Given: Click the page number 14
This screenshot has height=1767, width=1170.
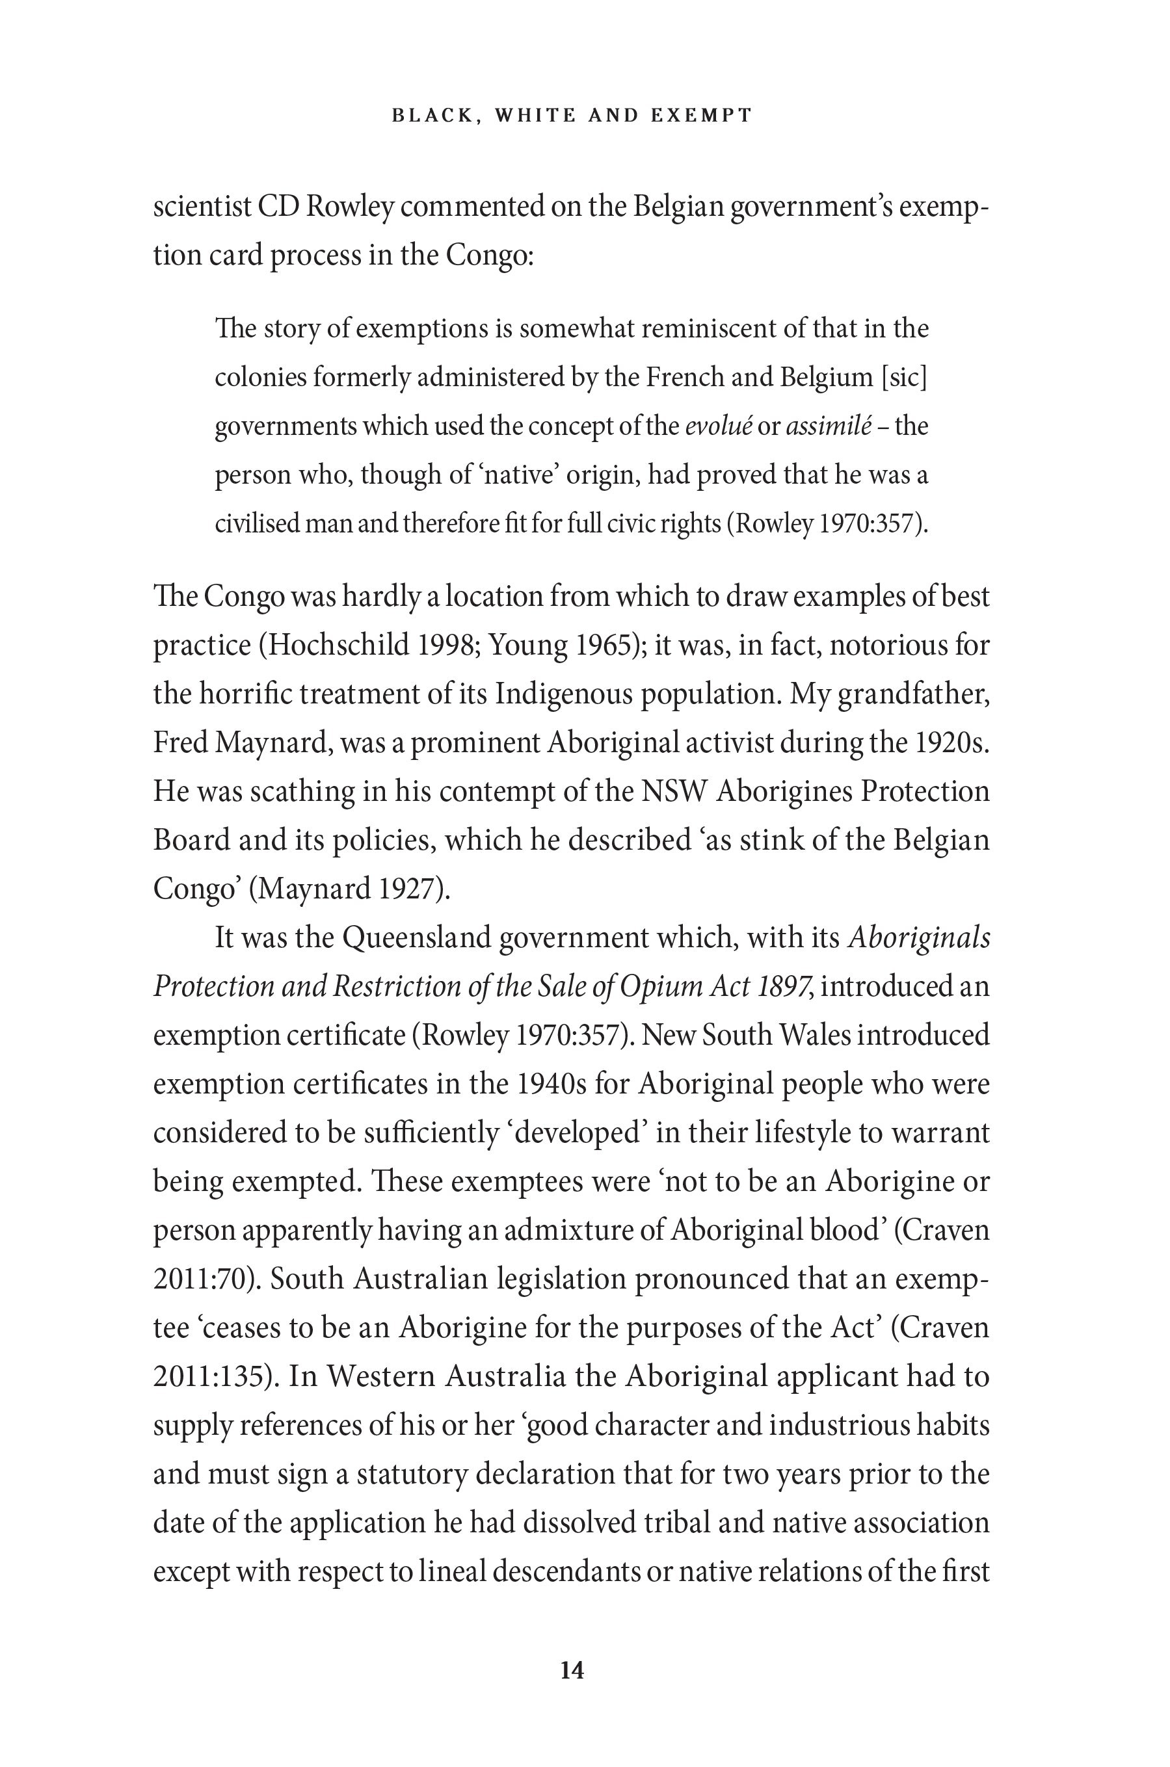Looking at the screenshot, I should point(572,1670).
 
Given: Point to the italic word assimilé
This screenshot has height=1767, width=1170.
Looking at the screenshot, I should point(829,426).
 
